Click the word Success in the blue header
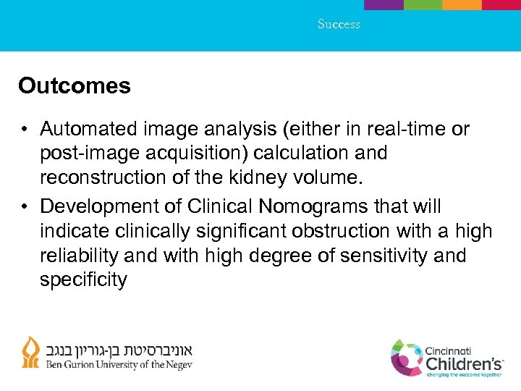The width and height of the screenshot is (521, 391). [x=339, y=24]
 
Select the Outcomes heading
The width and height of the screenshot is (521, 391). [x=75, y=86]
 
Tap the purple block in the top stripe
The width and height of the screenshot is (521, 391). [x=384, y=4]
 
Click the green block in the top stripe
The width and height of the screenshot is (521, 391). [x=423, y=4]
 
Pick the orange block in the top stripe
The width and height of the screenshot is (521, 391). [x=462, y=4]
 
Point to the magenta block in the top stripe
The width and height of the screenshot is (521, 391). [x=501, y=4]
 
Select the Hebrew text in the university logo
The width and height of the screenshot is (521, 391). [x=120, y=348]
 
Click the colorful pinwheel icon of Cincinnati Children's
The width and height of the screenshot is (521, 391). [x=407, y=357]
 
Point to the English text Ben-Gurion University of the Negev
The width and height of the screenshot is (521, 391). [x=119, y=365]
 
